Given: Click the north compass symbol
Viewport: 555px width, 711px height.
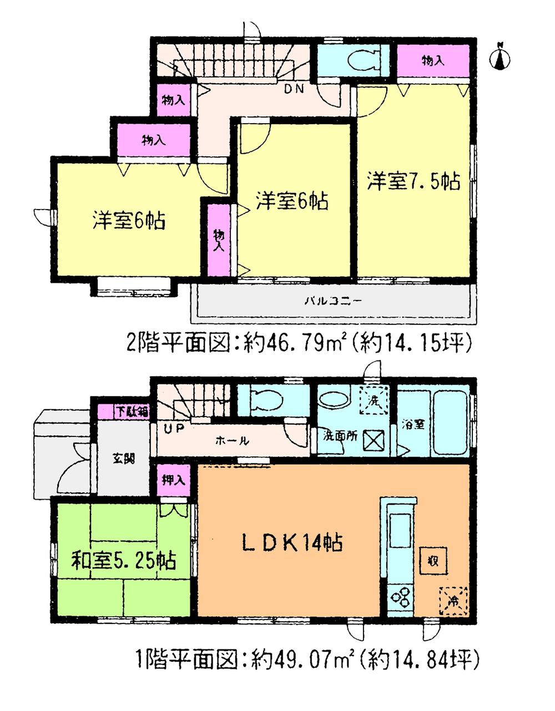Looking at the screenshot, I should [x=501, y=56].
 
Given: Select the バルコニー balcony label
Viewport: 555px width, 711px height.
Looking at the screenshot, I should [x=334, y=302].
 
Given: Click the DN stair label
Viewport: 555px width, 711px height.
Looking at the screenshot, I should [x=294, y=89].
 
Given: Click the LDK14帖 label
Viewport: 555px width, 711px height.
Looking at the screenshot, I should [x=292, y=542].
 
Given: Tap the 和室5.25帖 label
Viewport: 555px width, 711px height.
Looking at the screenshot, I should [x=123, y=560].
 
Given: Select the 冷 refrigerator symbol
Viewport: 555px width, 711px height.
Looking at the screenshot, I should [x=454, y=601].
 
